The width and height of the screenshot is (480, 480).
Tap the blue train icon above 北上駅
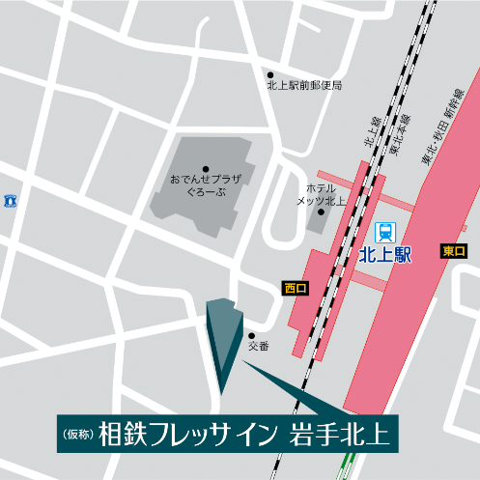click(385, 231)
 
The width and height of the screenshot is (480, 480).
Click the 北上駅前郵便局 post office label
click(304, 86)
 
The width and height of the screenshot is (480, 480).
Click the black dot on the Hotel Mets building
click(322, 212)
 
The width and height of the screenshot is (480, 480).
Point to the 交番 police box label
click(258, 346)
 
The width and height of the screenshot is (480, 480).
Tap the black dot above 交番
click(252, 335)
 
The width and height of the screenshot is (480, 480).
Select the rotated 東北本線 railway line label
click(398, 134)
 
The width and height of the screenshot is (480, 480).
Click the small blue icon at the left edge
click(11, 200)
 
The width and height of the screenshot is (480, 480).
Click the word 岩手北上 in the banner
click(340, 433)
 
